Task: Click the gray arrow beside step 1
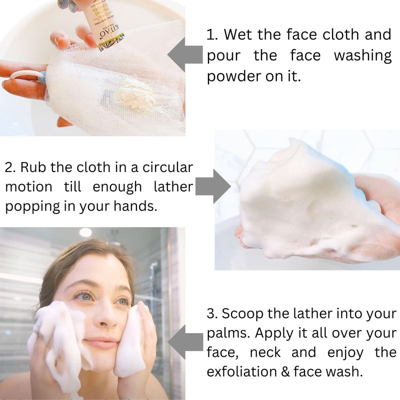[185, 54]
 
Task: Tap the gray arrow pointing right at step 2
[213, 186]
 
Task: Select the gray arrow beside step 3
[185, 342]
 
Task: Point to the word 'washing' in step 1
[363, 56]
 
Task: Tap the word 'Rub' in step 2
[33, 167]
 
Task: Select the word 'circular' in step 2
[167, 167]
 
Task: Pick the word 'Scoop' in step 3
[242, 314]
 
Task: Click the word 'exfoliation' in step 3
[241, 371]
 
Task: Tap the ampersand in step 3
[285, 372]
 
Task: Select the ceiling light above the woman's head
[85, 232]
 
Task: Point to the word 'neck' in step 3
[265, 352]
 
